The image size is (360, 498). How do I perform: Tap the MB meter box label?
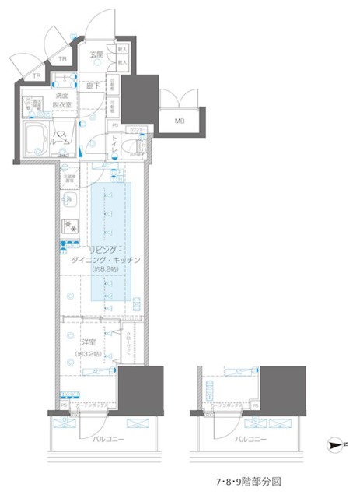(x=180, y=121)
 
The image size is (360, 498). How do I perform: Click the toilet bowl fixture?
(x=142, y=145)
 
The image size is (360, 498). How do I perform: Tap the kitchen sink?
(x=70, y=200)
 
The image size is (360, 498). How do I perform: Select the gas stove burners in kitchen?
(x=71, y=228)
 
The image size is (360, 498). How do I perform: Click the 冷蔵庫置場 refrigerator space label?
(x=69, y=178)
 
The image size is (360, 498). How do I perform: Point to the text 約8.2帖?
(x=103, y=269)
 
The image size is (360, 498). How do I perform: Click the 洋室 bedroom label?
(x=87, y=342)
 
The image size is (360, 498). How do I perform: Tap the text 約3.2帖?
(x=87, y=354)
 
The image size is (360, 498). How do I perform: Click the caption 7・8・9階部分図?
(x=249, y=482)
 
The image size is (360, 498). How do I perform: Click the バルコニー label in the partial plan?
(x=250, y=439)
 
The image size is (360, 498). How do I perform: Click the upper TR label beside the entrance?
(x=61, y=58)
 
